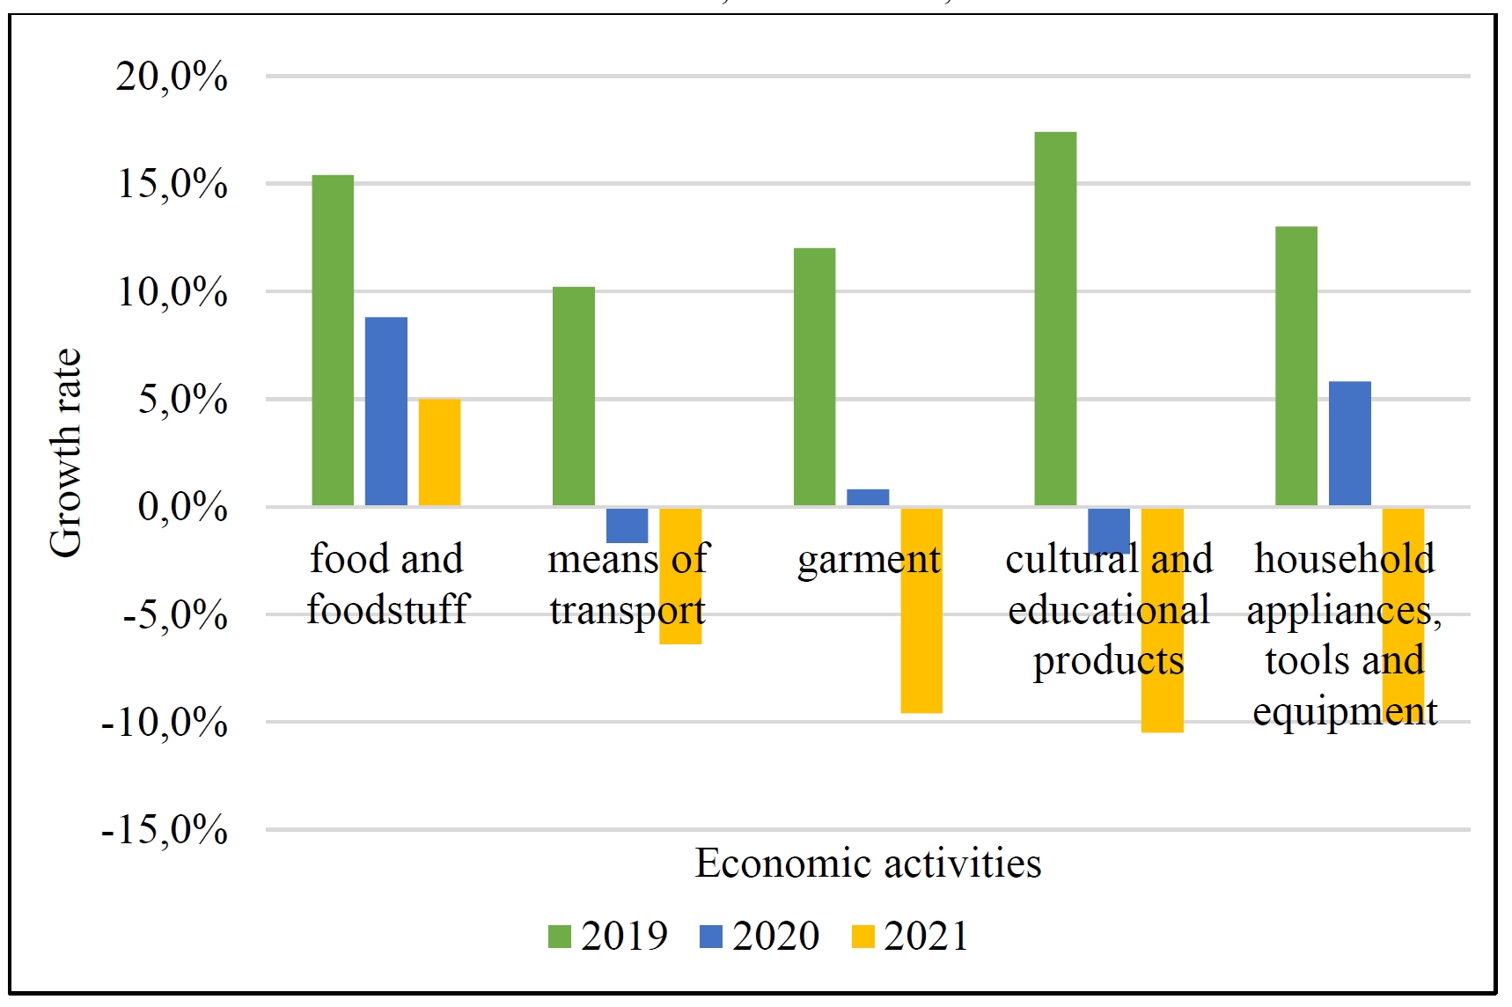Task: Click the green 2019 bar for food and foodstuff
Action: pos(333,340)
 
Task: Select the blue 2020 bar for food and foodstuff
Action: pos(386,411)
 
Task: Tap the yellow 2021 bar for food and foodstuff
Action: pos(439,452)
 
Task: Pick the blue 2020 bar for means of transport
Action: pos(627,526)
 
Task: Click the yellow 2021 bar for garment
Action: pos(921,610)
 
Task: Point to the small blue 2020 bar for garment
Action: pos(868,497)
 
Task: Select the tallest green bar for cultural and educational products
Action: pos(1055,319)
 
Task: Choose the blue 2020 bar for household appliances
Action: pos(1349,444)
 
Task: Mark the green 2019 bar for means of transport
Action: pos(574,396)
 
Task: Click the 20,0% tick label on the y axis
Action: pos(172,77)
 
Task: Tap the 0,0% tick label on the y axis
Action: pos(182,507)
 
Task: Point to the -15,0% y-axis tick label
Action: pos(165,829)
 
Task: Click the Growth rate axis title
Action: pos(66,452)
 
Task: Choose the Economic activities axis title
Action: pos(868,864)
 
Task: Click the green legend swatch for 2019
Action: pos(560,937)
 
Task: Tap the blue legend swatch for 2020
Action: pos(711,937)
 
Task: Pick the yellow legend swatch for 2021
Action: pos(863,937)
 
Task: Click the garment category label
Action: pos(868,560)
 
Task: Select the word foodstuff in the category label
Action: pos(388,609)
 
